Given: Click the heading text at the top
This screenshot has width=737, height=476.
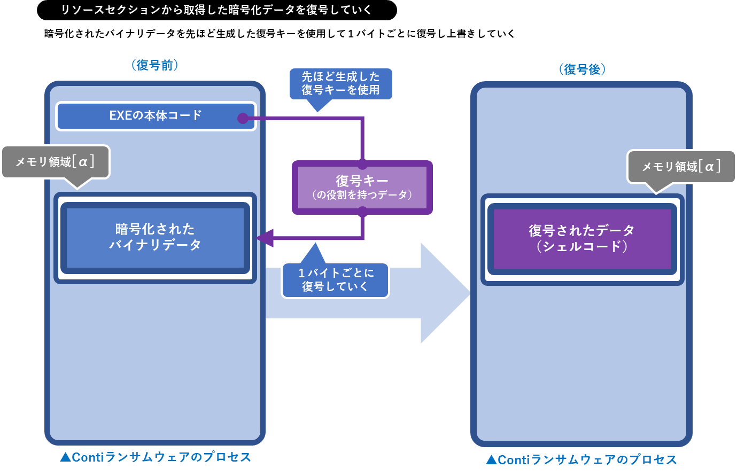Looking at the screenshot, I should tap(216, 10).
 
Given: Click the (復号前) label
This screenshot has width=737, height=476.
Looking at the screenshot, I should tap(154, 65).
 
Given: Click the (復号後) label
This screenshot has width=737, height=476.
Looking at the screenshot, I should tap(582, 69).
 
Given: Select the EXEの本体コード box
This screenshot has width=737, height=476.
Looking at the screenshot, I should tap(156, 115).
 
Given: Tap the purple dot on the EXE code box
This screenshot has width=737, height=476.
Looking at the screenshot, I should tap(243, 119).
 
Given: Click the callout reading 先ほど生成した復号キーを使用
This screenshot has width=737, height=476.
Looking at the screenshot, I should tap(340, 83).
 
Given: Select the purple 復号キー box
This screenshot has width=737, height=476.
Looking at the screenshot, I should tap(362, 187).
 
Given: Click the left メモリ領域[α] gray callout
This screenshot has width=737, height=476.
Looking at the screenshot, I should tap(55, 161).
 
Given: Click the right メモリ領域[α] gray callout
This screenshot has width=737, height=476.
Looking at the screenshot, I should tap(681, 167).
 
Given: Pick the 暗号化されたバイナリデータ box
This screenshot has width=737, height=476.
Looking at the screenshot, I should tap(155, 237).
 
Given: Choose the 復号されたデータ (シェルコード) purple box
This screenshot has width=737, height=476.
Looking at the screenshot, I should tap(581, 238).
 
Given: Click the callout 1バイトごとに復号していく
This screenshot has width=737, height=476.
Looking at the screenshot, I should tap(335, 279).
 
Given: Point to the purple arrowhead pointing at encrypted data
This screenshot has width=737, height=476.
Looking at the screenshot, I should tap(265, 237).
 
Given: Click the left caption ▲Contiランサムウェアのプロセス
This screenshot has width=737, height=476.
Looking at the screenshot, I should tap(155, 457).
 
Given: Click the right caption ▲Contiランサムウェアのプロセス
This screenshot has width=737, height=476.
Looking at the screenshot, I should tap(581, 460).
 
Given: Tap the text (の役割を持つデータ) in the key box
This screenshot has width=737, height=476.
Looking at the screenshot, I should tap(362, 195).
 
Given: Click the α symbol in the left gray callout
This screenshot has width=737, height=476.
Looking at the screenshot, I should tap(83, 161).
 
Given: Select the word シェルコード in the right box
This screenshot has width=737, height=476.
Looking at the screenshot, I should tap(581, 246).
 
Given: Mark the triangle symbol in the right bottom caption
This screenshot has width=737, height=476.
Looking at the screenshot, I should tap(491, 460).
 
